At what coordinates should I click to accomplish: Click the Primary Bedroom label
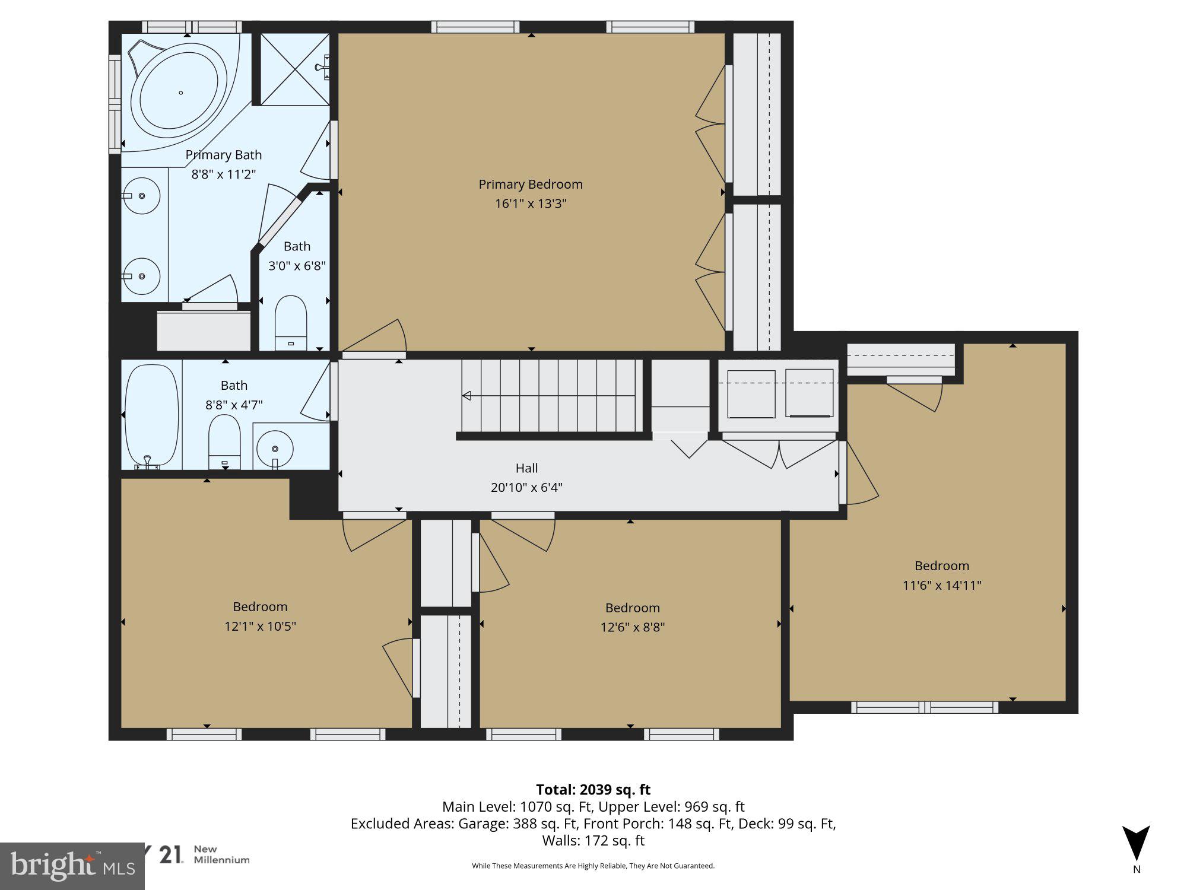[x=531, y=185]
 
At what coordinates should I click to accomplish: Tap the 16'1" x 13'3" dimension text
[x=531, y=204]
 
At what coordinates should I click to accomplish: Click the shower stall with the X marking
[x=294, y=69]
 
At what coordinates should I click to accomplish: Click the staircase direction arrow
[x=467, y=396]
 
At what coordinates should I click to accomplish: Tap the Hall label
[x=526, y=468]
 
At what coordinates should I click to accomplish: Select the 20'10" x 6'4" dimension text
[x=526, y=488]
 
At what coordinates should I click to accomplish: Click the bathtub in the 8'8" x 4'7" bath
[x=151, y=415]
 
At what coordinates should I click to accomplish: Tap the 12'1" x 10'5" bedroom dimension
[x=260, y=626]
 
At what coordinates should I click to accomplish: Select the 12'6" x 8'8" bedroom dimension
[x=632, y=627]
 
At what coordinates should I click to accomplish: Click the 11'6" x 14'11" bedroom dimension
[x=942, y=586]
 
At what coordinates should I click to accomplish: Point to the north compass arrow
[x=1136, y=843]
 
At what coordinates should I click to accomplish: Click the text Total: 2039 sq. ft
[x=593, y=790]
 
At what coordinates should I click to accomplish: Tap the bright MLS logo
[x=71, y=866]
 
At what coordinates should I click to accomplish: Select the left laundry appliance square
[x=751, y=394]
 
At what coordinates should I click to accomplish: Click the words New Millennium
[x=222, y=854]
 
